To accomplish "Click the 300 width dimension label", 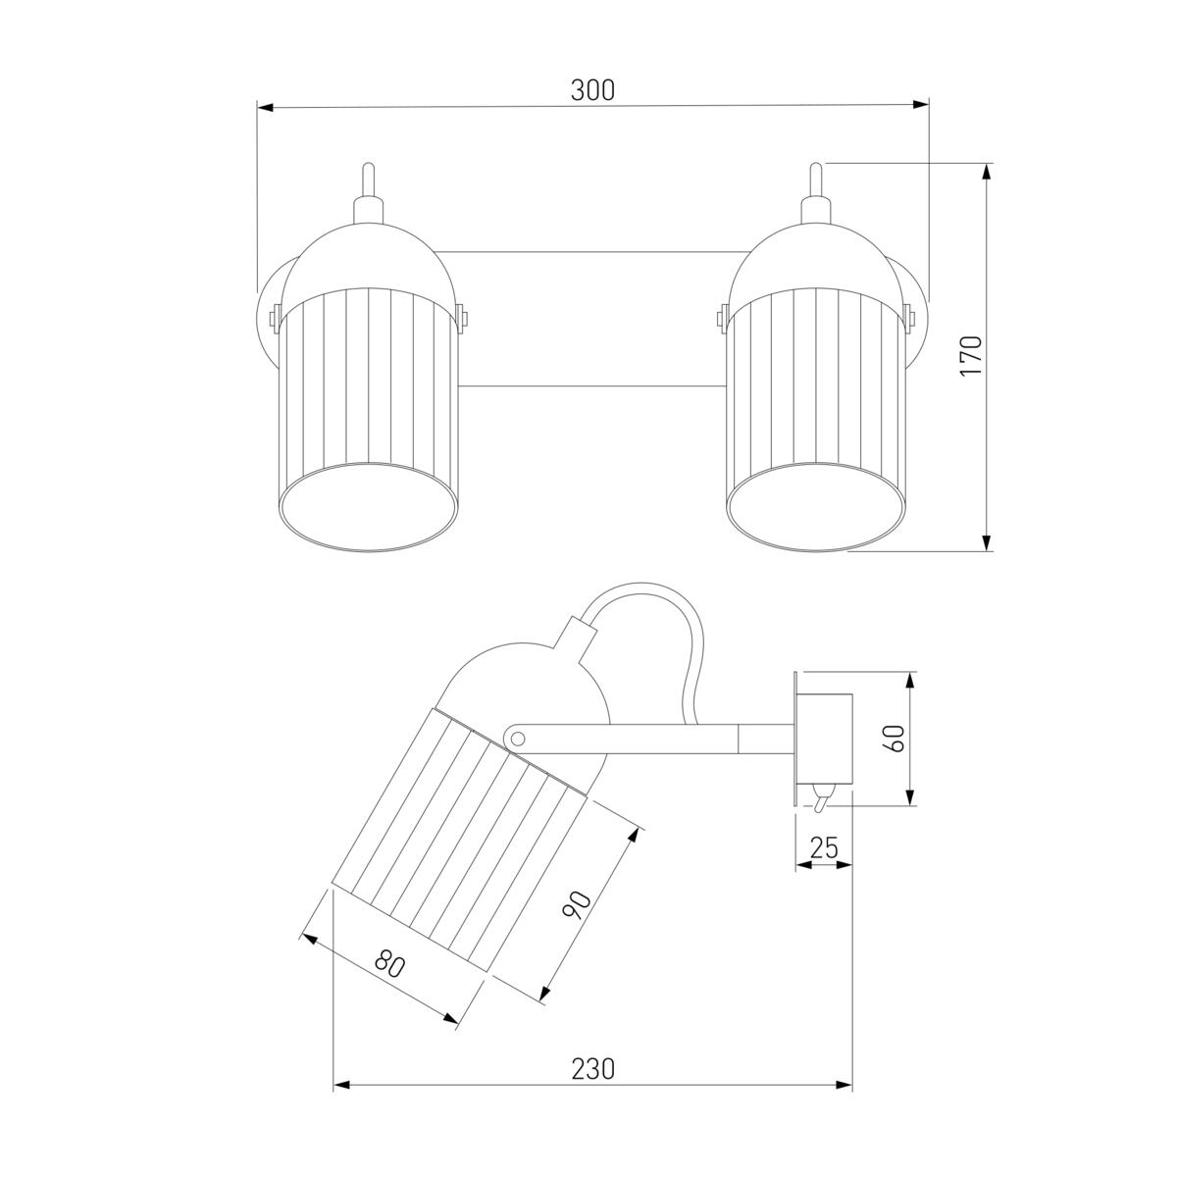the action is (592, 90).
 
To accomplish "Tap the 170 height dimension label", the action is (971, 355).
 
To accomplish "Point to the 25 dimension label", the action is (824, 847).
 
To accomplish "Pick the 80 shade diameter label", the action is (389, 965).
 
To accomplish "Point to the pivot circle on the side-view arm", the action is (517, 739).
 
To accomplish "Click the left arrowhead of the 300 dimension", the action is (265, 108).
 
